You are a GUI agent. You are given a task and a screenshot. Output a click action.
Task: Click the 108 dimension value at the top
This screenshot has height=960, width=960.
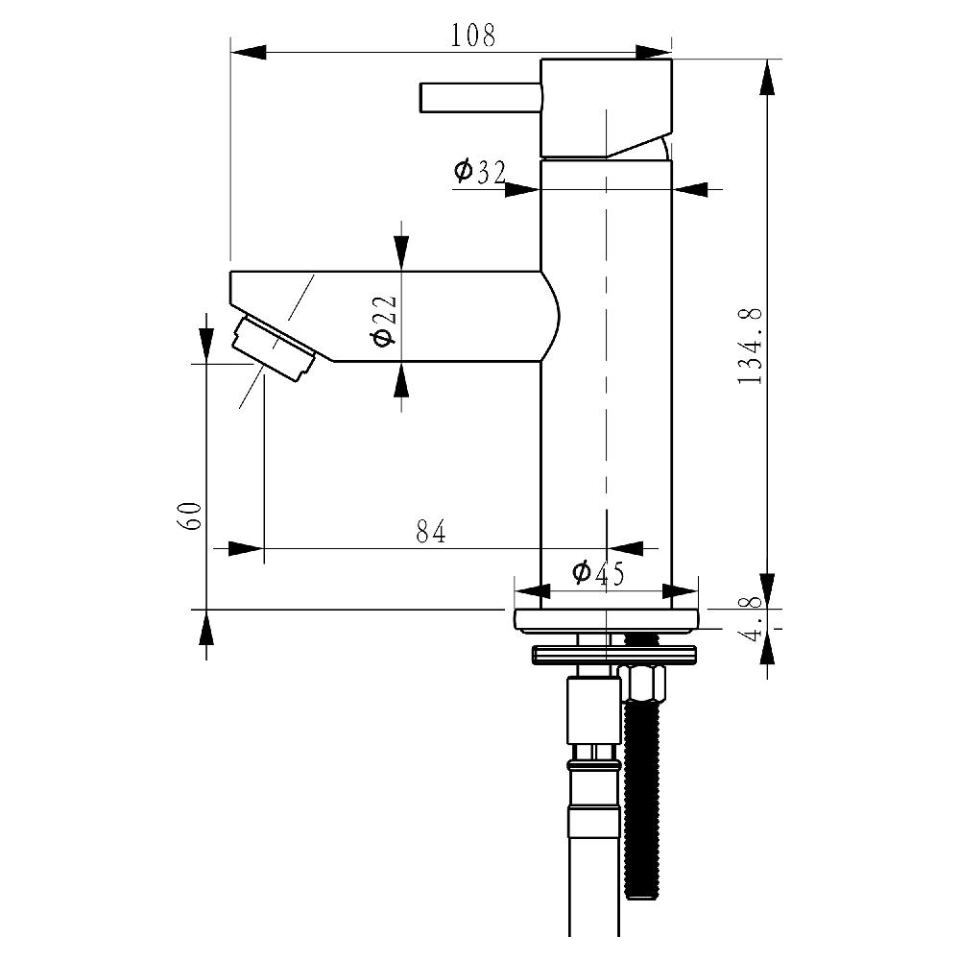coord(473,36)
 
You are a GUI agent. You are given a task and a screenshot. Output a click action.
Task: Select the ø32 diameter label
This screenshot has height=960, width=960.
coord(480,172)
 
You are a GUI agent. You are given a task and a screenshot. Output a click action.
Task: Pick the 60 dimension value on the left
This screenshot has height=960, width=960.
coord(189,516)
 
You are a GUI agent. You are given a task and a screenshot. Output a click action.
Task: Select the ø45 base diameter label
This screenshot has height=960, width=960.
coord(598,574)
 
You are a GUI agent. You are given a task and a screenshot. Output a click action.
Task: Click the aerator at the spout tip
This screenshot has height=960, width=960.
coord(275,349)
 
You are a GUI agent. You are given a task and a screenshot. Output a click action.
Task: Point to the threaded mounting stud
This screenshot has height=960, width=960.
coord(640,806)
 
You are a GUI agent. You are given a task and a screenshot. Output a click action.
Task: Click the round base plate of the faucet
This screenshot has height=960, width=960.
coord(607,621)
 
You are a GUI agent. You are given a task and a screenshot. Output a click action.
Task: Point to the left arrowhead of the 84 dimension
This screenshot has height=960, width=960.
coord(244,548)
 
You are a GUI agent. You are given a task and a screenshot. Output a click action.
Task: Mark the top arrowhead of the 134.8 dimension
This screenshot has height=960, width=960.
coord(767,77)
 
